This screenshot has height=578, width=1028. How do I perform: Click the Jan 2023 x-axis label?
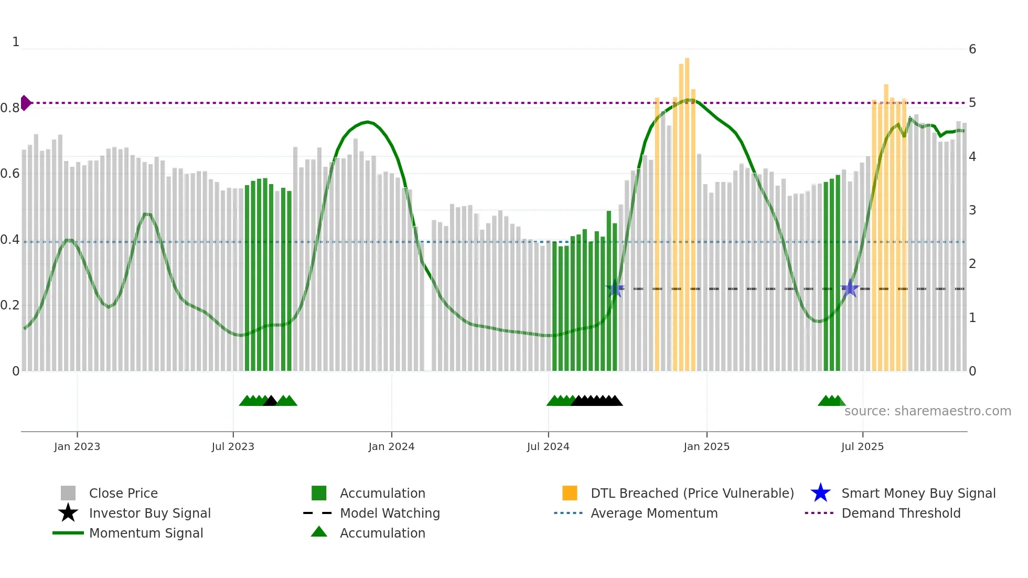point(77,446)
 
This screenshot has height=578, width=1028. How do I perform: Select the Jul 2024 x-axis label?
point(548,446)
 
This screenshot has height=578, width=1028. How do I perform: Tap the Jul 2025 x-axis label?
point(862,446)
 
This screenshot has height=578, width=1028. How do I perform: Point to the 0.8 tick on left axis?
point(10,108)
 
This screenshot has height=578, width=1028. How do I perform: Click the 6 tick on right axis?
point(972,49)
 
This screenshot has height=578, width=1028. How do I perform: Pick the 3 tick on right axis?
point(972,210)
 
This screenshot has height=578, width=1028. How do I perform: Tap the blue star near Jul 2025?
point(850,288)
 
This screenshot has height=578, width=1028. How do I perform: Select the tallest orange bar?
point(687,210)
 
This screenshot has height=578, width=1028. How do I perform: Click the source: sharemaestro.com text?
point(927,411)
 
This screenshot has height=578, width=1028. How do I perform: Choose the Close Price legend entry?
point(123,493)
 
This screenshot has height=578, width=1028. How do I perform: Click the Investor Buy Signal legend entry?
point(149,513)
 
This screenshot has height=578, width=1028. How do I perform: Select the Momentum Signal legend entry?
point(146,533)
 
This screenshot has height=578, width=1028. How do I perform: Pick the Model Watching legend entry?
point(390,513)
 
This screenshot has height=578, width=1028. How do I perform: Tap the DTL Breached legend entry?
point(692,493)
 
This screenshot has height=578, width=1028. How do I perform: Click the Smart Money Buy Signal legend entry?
point(918,493)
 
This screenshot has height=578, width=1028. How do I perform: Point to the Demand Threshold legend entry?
point(901,513)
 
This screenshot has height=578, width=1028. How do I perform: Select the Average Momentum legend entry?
point(654,513)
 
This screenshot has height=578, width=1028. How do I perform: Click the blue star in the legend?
point(820,493)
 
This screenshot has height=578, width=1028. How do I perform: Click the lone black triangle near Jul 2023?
point(270,401)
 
